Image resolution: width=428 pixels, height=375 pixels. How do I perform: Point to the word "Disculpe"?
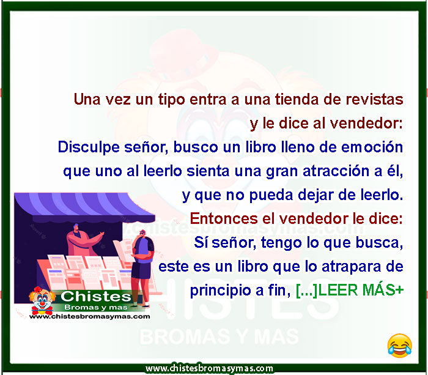pyautogui.click(x=89, y=147)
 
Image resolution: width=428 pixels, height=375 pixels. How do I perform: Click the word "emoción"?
pyautogui.click(x=372, y=147)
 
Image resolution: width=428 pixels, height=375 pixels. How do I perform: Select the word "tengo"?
pyautogui.click(x=281, y=243)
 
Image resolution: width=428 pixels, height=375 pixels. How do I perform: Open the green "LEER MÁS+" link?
pyautogui.click(x=350, y=291)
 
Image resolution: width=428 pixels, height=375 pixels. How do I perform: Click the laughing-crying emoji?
pyautogui.click(x=400, y=346)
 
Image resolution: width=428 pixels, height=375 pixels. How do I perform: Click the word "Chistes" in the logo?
pyautogui.click(x=96, y=297)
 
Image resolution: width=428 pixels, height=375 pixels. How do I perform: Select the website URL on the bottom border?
pyautogui.click(x=209, y=368)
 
